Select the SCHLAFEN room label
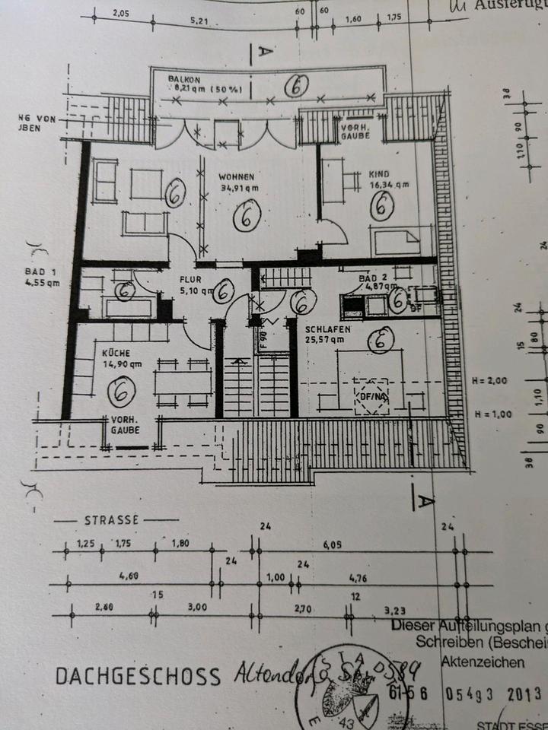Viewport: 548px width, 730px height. pyautogui.click(x=328, y=329)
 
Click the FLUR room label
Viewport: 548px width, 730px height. pyautogui.click(x=190, y=278)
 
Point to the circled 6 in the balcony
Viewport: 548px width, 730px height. pyautogui.click(x=295, y=87)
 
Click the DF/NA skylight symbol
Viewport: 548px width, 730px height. pyautogui.click(x=371, y=395)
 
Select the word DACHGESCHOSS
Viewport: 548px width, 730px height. pyautogui.click(x=137, y=675)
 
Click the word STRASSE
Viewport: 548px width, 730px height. pyautogui.click(x=111, y=521)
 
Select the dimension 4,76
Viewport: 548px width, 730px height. pyautogui.click(x=358, y=578)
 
